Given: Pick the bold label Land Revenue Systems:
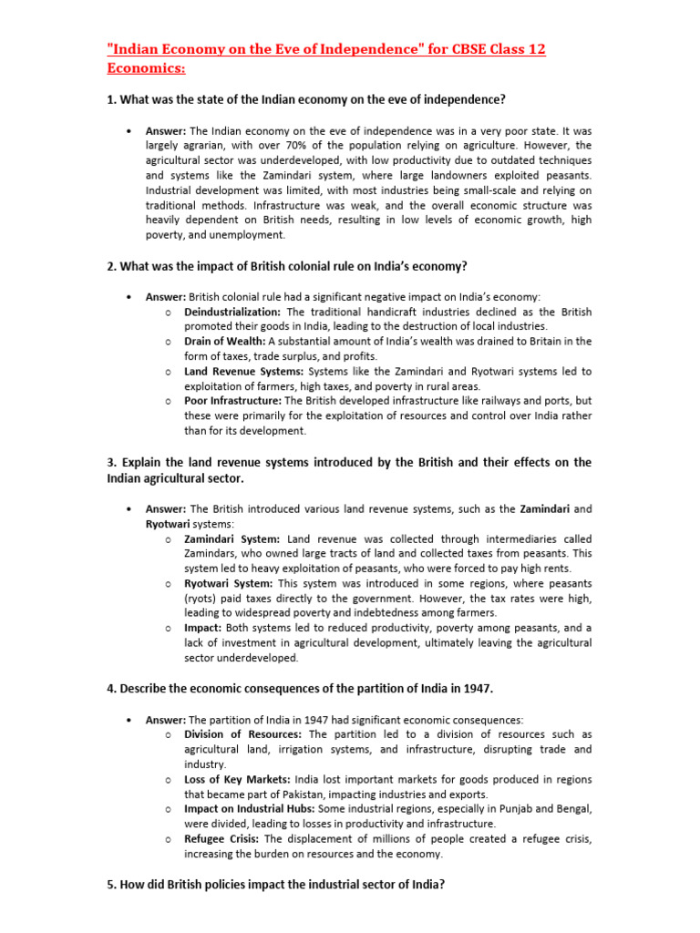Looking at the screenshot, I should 244,372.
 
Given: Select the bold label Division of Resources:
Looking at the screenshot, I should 242,734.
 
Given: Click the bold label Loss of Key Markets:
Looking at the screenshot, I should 237,779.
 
